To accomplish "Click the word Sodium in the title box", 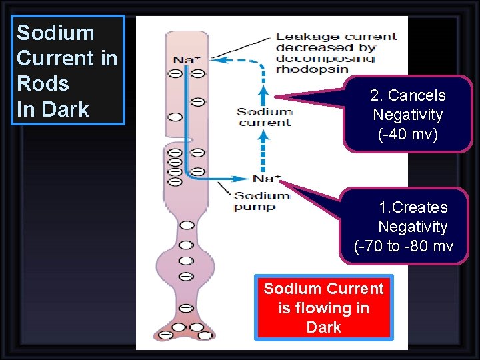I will [55, 33].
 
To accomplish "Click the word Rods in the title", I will [43, 83].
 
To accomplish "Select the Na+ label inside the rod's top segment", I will [187, 60].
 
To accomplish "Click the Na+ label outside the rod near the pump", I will [267, 178].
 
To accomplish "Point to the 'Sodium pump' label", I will [261, 201].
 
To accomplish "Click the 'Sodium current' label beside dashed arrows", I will [264, 117].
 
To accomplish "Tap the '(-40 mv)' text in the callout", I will [407, 134].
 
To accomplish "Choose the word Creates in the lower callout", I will [413, 207].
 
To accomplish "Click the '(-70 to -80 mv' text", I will [404, 246].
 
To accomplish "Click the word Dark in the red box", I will [323, 327].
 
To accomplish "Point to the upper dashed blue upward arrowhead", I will [263, 89].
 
